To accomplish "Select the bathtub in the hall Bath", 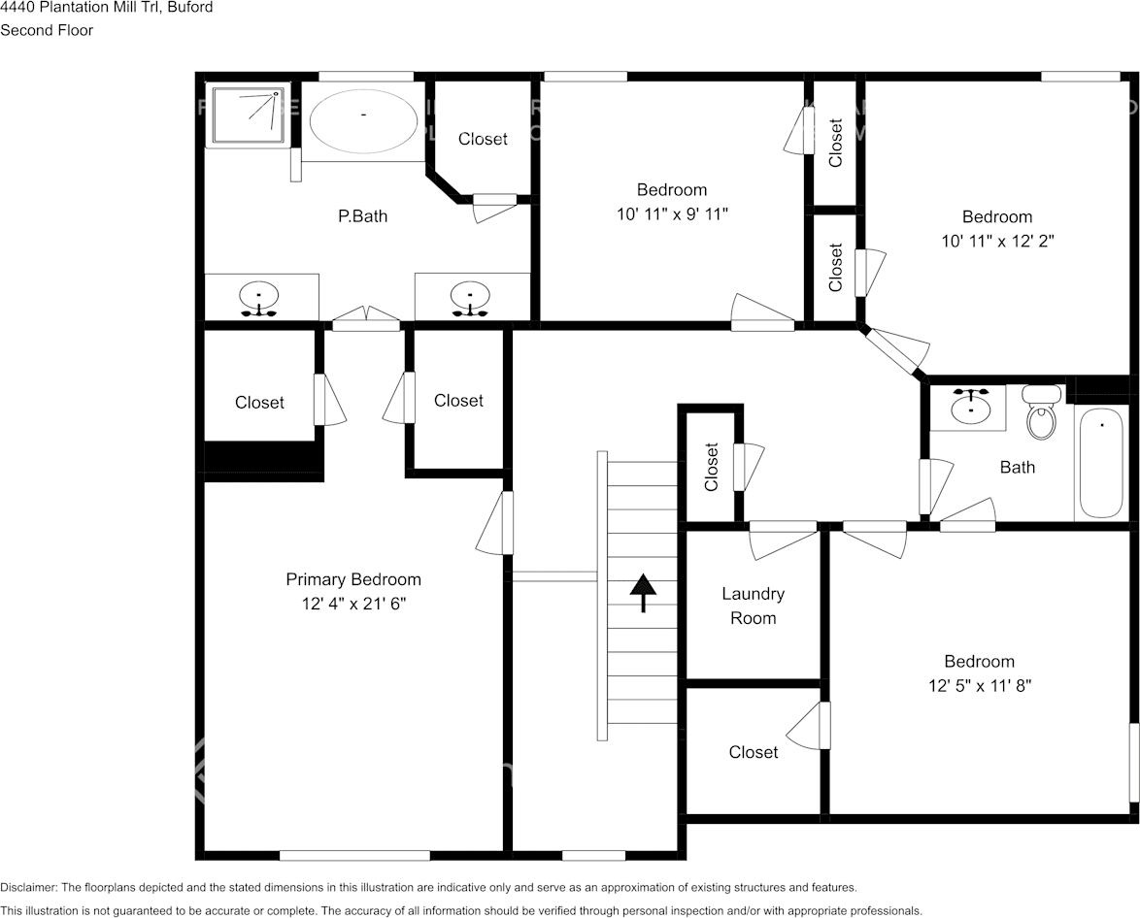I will [x=1101, y=462].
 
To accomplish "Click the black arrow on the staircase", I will [x=643, y=592].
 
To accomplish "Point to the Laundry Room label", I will [x=753, y=606].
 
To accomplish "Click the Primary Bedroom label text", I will [x=353, y=579].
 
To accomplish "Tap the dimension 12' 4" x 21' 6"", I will [x=353, y=605].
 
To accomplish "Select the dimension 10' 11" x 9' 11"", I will [x=672, y=214].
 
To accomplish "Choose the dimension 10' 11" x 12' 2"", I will [x=997, y=242].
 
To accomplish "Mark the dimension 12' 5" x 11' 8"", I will [x=979, y=686].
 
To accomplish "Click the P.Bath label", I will [x=362, y=216].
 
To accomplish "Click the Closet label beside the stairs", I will [x=712, y=467].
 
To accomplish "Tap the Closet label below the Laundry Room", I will [x=754, y=752].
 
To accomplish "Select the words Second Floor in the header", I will [x=47, y=30].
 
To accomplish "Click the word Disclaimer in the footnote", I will [x=28, y=887].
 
